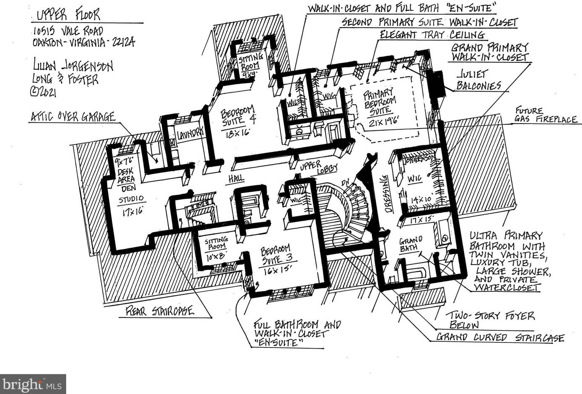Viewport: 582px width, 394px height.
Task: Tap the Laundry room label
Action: [x=190, y=134]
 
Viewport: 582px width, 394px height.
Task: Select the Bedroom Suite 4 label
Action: [x=238, y=116]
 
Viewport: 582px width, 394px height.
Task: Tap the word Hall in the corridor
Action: [x=236, y=179]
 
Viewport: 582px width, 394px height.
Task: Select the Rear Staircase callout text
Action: [x=160, y=311]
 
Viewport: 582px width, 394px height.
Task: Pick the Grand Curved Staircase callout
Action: [x=500, y=337]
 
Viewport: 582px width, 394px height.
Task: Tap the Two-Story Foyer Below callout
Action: [x=489, y=320]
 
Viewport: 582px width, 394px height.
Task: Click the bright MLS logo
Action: [x=33, y=384]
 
